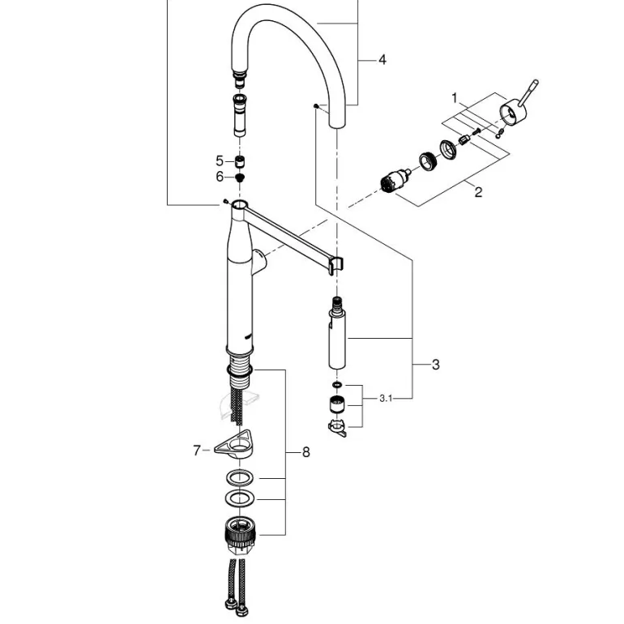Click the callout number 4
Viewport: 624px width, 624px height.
(382, 59)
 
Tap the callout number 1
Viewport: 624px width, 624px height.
(455, 98)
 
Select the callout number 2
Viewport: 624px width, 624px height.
(478, 192)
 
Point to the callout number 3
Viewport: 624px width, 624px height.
(435, 365)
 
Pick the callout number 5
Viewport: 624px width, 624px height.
(219, 160)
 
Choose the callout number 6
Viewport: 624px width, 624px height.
(219, 177)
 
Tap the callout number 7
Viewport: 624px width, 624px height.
(196, 451)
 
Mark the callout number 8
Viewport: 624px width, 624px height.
(306, 453)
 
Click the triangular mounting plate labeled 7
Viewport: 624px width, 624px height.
(237, 445)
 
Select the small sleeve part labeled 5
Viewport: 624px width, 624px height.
(240, 160)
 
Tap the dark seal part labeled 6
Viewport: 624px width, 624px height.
(241, 177)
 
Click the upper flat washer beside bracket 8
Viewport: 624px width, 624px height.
(240, 476)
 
